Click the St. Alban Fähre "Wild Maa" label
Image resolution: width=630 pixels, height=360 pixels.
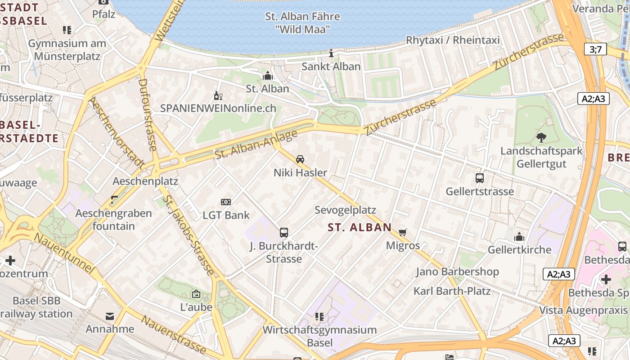302,23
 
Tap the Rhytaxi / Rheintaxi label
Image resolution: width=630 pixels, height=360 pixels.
453,40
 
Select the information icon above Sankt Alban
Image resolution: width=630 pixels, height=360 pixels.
331,53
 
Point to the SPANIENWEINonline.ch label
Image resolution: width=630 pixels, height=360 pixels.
218,108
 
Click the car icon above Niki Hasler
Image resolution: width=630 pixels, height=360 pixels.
300,159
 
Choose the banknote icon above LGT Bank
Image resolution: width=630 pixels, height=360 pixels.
226,202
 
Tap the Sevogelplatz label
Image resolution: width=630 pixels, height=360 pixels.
345,210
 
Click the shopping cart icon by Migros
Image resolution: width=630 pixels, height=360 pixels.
403,232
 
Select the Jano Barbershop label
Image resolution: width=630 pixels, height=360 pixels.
457,272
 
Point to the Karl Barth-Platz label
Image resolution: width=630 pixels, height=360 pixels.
452,291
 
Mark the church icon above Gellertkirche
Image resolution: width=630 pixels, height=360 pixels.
519,236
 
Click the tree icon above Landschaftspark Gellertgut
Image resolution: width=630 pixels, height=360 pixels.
541,138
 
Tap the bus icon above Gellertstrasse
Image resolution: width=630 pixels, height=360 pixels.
480,178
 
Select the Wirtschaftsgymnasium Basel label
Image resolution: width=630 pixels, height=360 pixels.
319,336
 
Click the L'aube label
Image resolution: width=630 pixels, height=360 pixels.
196,307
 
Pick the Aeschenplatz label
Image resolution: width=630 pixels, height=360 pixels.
145,181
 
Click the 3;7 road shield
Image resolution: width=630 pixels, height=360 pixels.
595,49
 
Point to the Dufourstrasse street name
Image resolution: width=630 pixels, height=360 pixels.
147,115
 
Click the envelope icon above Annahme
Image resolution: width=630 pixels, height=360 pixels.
110,316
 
